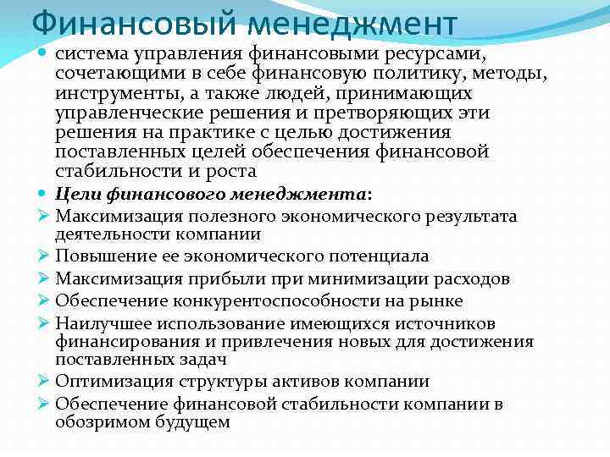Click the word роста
pos(232,171)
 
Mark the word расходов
pos(468,278)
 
